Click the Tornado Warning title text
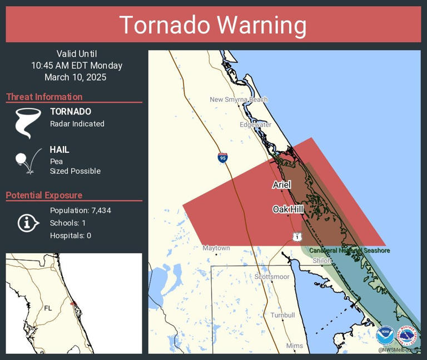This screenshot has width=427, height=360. [x=213, y=25]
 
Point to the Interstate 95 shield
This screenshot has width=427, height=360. [x=222, y=158]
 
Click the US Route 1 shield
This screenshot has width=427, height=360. [x=297, y=237]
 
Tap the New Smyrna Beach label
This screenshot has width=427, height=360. [x=239, y=99]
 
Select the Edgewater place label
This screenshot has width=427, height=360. [x=255, y=124]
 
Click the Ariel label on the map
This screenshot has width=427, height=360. [x=281, y=184]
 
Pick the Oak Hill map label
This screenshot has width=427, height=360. [x=287, y=209]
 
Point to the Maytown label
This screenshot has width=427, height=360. [x=216, y=248]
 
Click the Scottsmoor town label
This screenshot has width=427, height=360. [x=271, y=276]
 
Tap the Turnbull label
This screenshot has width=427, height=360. [x=282, y=315]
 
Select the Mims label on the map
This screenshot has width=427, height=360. [x=295, y=346]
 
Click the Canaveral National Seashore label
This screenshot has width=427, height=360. [x=349, y=251]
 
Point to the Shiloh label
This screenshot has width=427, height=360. [x=322, y=260]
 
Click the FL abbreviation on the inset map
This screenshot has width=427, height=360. [x=48, y=308]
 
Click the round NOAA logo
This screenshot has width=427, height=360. [x=385, y=336]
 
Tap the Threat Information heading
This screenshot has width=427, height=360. [x=44, y=97]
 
